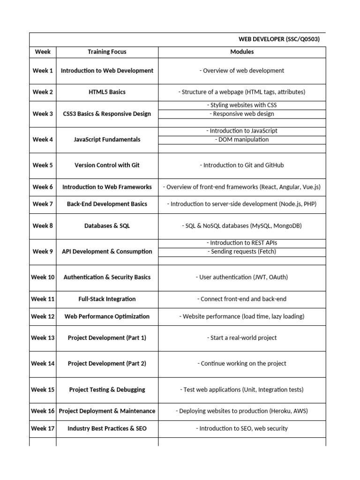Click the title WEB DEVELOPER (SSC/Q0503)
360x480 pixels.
click(x=279, y=39)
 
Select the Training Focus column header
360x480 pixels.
click(x=107, y=52)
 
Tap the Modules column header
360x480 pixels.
click(x=242, y=52)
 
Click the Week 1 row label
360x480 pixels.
click(x=43, y=71)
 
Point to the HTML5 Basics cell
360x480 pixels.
click(x=107, y=92)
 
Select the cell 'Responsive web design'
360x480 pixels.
click(x=242, y=113)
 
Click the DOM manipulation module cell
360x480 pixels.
click(x=242, y=139)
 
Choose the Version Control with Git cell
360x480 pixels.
click(x=107, y=165)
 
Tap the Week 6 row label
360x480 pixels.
click(x=43, y=187)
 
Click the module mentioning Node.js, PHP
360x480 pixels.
click(x=242, y=204)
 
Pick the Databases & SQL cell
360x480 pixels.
click(x=107, y=225)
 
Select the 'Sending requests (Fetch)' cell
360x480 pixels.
click(x=242, y=251)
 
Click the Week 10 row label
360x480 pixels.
click(x=43, y=277)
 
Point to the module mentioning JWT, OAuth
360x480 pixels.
click(x=242, y=277)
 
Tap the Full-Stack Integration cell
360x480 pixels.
click(x=107, y=299)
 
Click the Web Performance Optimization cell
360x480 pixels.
click(x=107, y=316)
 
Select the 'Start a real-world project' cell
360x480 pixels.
click(x=242, y=337)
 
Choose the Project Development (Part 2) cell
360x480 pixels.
click(x=107, y=363)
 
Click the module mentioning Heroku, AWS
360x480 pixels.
click(x=242, y=411)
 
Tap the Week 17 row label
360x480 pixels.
click(x=43, y=428)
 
